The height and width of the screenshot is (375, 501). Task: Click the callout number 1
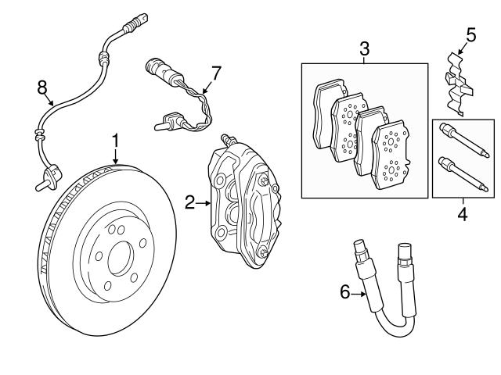tap(115, 141)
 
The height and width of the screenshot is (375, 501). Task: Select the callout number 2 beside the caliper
tap(189, 203)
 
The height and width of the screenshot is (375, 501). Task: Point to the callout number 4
tap(462, 212)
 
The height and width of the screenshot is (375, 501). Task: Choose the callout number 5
tap(470, 35)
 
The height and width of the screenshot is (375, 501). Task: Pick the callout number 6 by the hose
tap(344, 292)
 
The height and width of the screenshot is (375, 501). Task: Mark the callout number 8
tap(42, 86)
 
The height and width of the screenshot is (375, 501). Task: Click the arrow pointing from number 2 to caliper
tap(204, 203)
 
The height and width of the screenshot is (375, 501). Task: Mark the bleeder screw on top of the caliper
tap(227, 138)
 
